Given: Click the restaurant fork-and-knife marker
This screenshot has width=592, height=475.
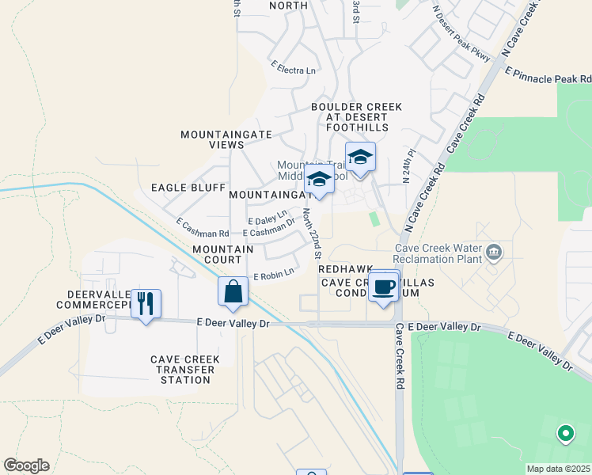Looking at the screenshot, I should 146,304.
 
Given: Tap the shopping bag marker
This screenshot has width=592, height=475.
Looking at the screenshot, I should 233,291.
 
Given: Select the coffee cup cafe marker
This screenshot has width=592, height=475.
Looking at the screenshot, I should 384,286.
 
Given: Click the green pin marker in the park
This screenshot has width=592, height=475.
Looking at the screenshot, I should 565,433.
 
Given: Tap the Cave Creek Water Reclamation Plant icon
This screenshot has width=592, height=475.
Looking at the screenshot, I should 495,253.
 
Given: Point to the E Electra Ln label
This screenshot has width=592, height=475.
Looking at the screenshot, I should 293,69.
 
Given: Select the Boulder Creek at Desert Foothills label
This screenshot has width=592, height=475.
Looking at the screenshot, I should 356,117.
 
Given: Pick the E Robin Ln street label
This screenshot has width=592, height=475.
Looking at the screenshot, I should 273,273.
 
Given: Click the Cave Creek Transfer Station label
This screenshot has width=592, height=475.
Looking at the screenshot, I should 185,370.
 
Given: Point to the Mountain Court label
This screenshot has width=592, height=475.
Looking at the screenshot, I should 222,254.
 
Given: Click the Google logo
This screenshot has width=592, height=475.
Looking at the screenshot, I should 26,465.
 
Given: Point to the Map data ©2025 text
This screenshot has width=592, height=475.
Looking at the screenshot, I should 558,469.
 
